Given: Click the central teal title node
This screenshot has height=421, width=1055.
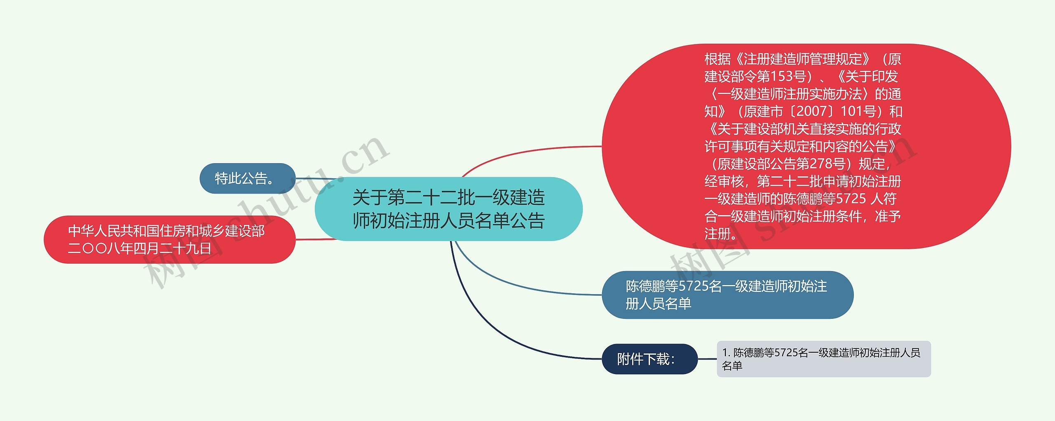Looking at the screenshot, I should [448, 209].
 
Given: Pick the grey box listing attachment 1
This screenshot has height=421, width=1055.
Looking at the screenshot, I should [823, 359].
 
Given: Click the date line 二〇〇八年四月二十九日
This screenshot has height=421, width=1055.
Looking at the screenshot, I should [139, 248].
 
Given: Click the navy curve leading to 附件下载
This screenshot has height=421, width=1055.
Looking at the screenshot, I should [495, 330].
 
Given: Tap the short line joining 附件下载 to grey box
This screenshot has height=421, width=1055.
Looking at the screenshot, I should [707, 359].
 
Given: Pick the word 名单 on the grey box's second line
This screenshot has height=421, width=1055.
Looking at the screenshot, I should [732, 366].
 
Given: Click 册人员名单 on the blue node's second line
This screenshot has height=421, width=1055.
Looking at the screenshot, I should [658, 304].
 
